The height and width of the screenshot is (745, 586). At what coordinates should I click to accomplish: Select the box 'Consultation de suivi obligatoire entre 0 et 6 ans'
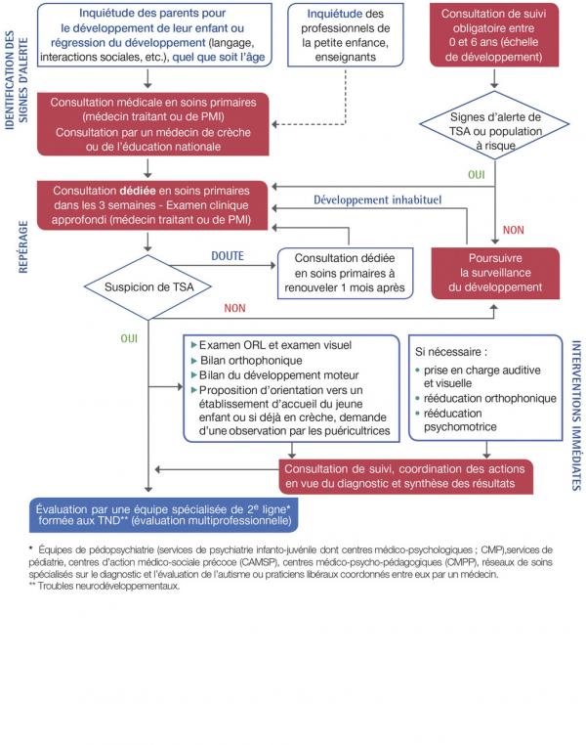click(493, 37)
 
